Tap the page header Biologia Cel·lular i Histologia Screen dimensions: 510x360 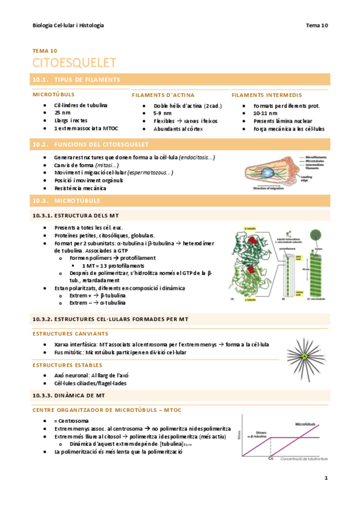[x=68, y=25]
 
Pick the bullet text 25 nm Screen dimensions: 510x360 [x=62, y=113]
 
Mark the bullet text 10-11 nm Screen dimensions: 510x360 [x=266, y=113]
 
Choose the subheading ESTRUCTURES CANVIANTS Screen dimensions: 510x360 [x=70, y=333]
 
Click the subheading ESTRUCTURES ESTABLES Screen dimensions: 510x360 [x=67, y=365]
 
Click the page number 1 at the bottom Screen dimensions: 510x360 [x=325, y=478]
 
